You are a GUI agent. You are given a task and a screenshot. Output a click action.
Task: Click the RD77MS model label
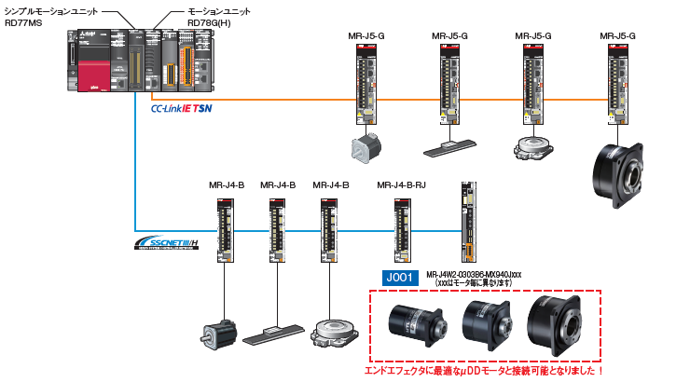tap(24, 22)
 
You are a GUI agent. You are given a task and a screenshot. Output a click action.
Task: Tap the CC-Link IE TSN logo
tap(187, 109)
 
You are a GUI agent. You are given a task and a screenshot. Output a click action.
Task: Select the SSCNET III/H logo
tap(166, 244)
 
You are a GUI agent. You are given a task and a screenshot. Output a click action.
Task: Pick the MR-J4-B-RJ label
tap(401, 184)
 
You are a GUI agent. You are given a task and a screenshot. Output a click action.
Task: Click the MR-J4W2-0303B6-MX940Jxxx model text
tap(474, 274)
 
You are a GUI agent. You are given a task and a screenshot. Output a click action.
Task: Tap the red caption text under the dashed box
tap(486, 371)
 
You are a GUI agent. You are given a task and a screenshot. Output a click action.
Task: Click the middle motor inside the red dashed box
tap(485, 325)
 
